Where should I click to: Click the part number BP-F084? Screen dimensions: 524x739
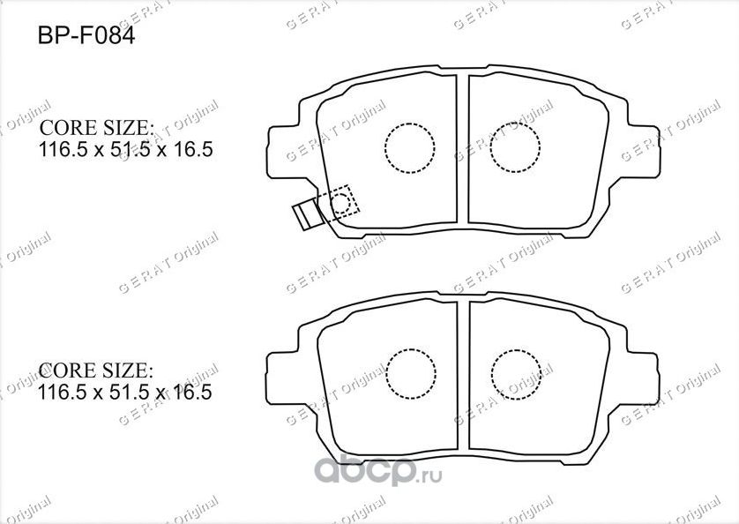point(85,38)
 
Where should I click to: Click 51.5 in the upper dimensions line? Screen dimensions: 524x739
point(125,149)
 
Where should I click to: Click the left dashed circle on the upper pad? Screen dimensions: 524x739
point(410,147)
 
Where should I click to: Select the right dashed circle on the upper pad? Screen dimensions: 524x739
point(514,147)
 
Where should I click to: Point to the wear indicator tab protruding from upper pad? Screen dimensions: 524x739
point(305,213)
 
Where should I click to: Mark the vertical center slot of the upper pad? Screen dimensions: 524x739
point(462,150)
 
